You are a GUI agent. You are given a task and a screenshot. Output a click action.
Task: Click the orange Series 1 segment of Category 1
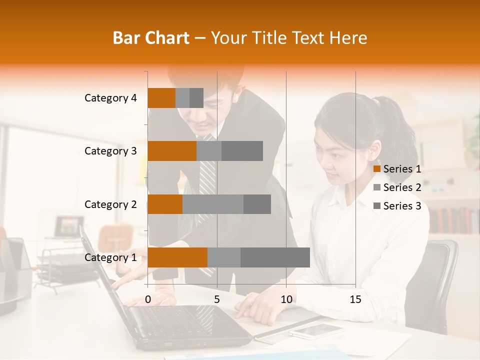point(177,257)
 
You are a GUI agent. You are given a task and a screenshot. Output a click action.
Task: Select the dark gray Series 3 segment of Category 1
point(275,257)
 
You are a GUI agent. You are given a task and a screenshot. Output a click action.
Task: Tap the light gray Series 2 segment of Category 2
point(213,204)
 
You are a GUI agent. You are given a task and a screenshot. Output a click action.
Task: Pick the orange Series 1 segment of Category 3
point(172,151)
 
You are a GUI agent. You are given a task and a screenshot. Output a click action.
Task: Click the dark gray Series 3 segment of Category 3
point(242,151)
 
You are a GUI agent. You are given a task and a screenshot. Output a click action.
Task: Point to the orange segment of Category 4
point(161,98)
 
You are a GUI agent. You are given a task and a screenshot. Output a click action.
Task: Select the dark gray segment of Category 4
point(196,98)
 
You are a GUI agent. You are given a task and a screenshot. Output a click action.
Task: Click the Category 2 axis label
point(110,204)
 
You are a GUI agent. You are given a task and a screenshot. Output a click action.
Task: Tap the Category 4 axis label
point(110,98)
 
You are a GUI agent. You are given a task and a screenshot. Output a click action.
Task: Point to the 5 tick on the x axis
point(217,299)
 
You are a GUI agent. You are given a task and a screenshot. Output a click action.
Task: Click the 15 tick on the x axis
point(355,299)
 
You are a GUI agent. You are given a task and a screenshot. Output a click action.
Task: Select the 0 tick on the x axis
point(148,299)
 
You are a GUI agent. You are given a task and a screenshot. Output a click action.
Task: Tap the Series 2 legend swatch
point(377,187)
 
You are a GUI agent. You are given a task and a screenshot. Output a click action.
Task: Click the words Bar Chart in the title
point(151,38)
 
